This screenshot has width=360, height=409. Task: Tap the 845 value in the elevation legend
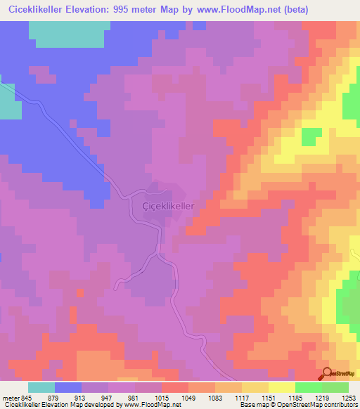coord(27,397)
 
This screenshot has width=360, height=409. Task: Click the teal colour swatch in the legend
coord(41,387)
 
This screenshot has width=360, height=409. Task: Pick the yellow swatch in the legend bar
coord(281,387)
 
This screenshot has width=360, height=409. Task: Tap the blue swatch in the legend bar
coord(68,387)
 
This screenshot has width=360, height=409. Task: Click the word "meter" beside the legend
coord(9,397)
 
